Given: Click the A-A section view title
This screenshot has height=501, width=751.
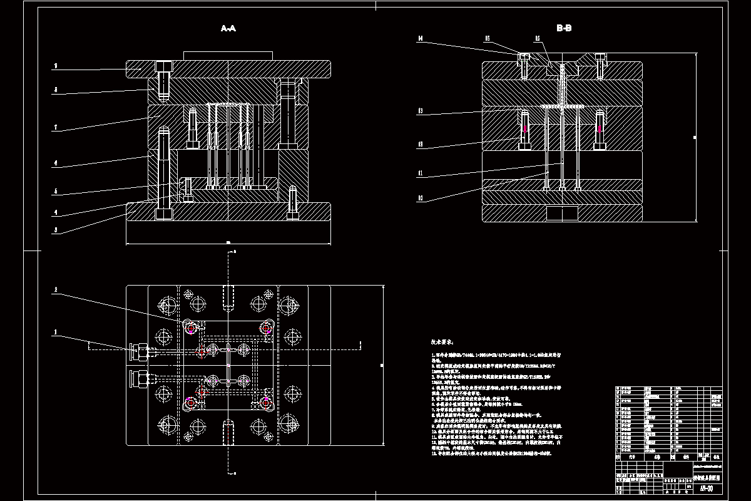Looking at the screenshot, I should pyautogui.click(x=228, y=28).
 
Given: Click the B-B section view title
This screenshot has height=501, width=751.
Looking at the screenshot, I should pyautogui.click(x=564, y=28).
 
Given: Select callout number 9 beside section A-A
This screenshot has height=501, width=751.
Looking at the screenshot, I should pyautogui.click(x=56, y=65).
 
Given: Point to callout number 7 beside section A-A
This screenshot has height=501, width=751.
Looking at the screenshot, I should pyautogui.click(x=56, y=128).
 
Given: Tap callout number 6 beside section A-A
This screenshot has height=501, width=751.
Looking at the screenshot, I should pyautogui.click(x=56, y=164).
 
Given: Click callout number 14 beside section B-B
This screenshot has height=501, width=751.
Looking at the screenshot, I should pyautogui.click(x=421, y=39).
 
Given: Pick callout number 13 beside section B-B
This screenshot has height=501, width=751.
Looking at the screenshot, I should pyautogui.click(x=421, y=111).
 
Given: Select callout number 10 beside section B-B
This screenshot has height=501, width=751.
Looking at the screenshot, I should pyautogui.click(x=421, y=199).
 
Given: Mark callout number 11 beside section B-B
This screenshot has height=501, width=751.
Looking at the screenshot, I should pyautogui.click(x=421, y=172).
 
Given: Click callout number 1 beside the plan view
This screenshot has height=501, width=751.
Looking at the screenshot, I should pyautogui.click(x=56, y=332).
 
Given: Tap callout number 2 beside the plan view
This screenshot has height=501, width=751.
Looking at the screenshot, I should pyautogui.click(x=56, y=290).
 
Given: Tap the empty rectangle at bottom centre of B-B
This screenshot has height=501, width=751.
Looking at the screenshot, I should pyautogui.click(x=562, y=214).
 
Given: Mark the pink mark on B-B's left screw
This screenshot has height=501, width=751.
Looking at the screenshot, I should pyautogui.click(x=525, y=129).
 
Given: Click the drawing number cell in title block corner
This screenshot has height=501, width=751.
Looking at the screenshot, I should pyautogui.click(x=705, y=488).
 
